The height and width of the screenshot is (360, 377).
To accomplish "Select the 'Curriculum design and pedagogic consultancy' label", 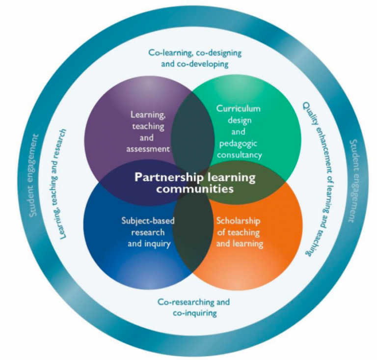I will click(x=239, y=131).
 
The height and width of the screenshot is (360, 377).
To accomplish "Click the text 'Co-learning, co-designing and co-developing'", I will click(x=195, y=58).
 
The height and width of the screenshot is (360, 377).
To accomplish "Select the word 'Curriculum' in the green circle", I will click(x=239, y=109).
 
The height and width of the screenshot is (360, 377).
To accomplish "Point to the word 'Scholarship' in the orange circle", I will click(x=238, y=220).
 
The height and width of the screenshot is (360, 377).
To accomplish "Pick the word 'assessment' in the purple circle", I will click(x=150, y=147).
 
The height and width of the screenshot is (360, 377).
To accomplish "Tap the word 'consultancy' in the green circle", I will click(x=239, y=155).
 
